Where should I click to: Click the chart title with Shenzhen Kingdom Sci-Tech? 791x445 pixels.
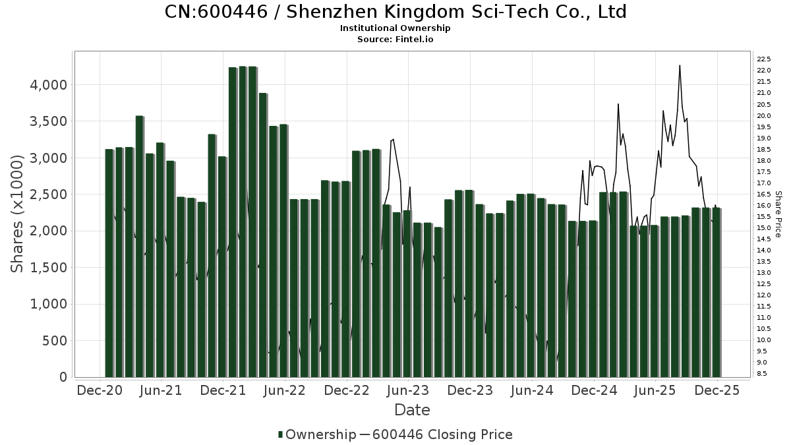tap(395, 12)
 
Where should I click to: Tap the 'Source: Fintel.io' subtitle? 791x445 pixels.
tap(395, 39)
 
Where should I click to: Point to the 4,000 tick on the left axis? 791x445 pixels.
tap(49, 85)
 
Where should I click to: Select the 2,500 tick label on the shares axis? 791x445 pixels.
tap(49, 194)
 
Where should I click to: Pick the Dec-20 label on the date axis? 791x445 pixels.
tap(100, 390)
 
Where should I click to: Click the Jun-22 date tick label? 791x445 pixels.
tap(285, 390)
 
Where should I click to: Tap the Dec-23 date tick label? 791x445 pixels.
tap(470, 390)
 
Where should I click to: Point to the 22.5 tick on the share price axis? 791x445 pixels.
tap(765, 59)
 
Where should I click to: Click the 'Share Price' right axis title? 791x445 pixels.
tap(778, 214)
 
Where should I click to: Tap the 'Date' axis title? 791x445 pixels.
tap(412, 410)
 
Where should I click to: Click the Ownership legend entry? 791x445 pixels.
tap(313, 434)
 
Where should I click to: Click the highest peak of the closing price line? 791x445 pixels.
tap(680, 65)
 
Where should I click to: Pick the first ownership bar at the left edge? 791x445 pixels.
tap(109, 264)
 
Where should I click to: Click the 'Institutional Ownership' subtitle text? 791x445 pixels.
tap(395, 28)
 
